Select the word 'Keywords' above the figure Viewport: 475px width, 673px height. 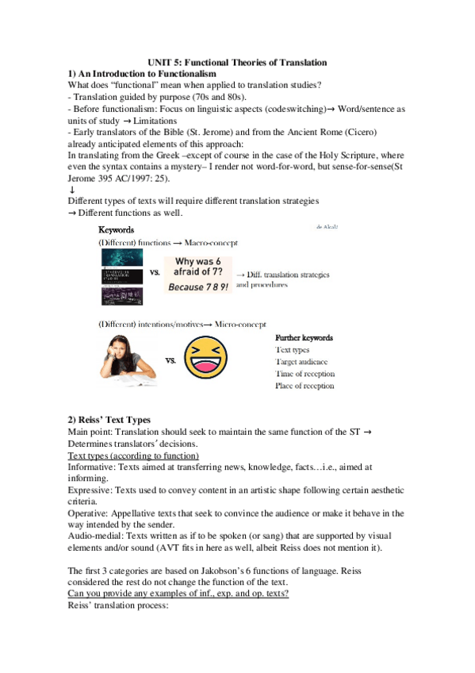(x=117, y=229)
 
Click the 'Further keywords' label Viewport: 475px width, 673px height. (x=304, y=337)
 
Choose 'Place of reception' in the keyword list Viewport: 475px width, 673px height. (x=305, y=386)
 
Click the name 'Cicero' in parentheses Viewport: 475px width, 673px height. (x=357, y=131)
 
